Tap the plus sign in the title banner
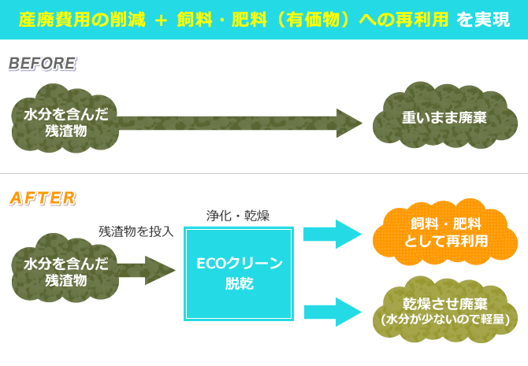[x=161, y=19]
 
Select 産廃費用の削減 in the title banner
[x=83, y=19]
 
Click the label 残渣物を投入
[x=136, y=231]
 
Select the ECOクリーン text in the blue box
[x=239, y=263]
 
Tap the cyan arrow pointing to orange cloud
[x=332, y=234]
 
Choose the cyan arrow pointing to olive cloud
[x=332, y=310]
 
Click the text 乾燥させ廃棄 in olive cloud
[x=446, y=302]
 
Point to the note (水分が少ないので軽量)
[x=446, y=320]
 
